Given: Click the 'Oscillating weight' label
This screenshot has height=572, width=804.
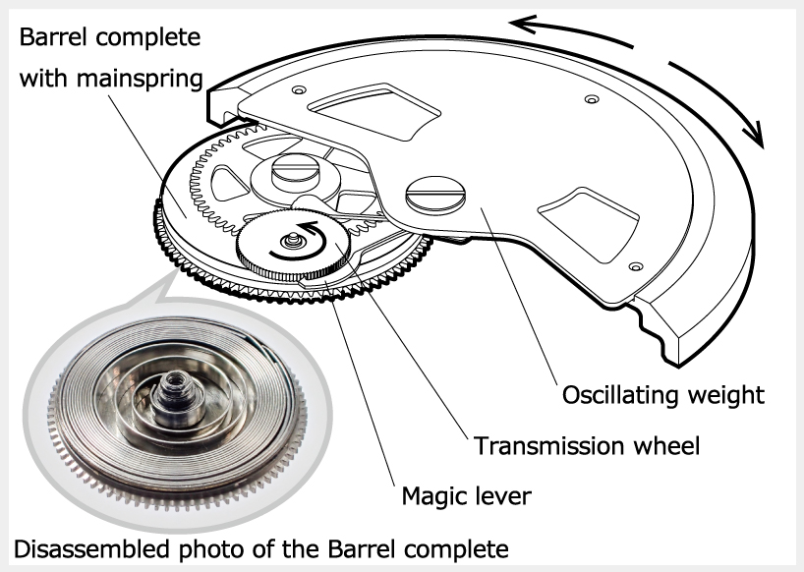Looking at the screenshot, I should [x=662, y=395].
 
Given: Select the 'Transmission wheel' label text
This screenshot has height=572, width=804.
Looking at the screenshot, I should [x=587, y=445].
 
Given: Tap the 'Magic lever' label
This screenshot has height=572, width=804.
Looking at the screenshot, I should [x=466, y=496].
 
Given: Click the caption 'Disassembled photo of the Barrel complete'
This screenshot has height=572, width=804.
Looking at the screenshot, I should [x=259, y=546].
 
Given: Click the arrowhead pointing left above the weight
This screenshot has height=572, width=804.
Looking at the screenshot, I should [x=526, y=24].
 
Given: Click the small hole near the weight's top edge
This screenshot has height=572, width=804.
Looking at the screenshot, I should [x=590, y=99].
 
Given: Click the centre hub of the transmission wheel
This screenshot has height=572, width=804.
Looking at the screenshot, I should [x=292, y=239].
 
